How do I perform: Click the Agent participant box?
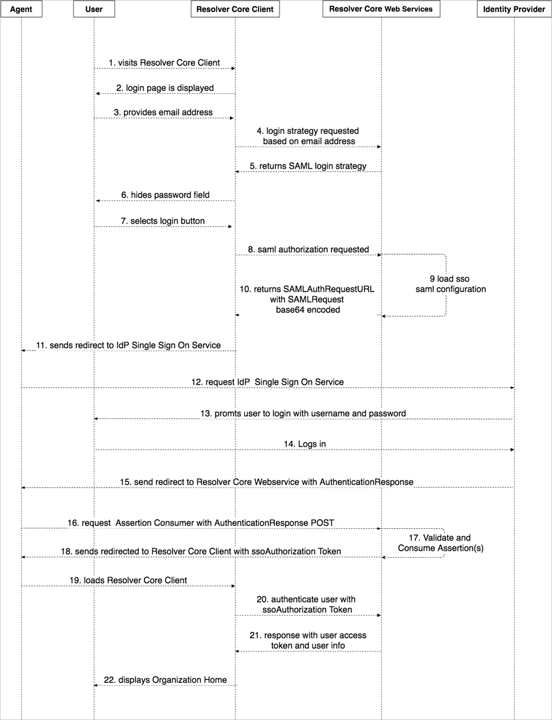21,9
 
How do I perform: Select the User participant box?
94,9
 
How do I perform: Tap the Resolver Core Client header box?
235,9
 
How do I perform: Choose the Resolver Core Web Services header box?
381,9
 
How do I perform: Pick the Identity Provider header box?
514,9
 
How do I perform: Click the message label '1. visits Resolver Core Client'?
164,63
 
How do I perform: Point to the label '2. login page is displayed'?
165,88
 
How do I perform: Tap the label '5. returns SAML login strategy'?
307,166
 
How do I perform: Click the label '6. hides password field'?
165,195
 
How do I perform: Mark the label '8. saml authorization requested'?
308,250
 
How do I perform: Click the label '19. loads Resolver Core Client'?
128,580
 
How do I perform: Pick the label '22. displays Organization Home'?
165,680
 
